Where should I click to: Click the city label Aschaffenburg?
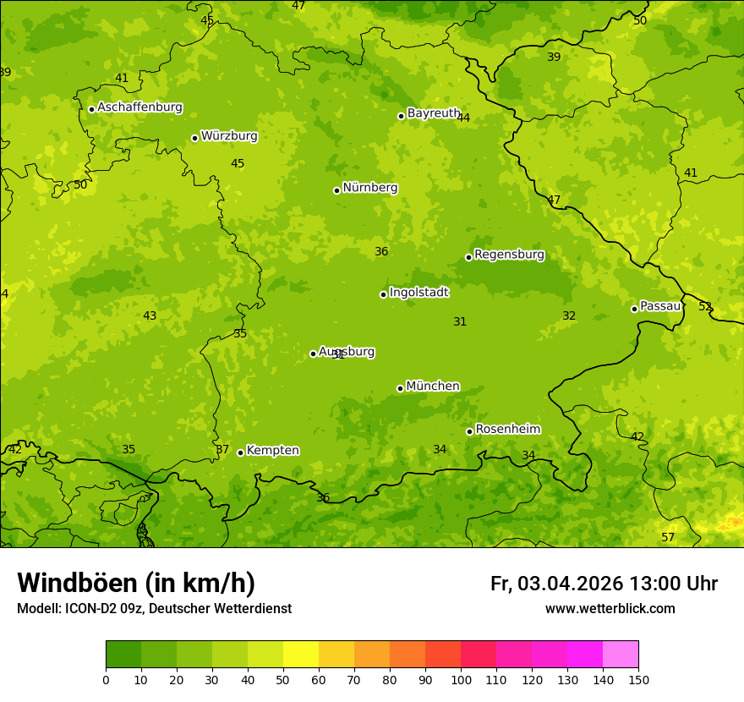point(139,107)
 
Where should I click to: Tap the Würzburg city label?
point(229,136)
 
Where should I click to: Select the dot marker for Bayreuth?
point(401,116)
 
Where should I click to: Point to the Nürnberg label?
point(369,188)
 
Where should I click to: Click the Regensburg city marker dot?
point(468,257)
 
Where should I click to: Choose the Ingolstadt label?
point(418,293)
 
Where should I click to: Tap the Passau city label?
point(660,306)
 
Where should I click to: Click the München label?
point(433,387)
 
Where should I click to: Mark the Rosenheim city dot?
point(469,431)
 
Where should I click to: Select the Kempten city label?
point(272,451)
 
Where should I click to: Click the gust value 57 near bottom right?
point(668,538)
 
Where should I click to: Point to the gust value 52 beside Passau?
point(705,307)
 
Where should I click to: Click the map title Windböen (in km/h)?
point(136,583)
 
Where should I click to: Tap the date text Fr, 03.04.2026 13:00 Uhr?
point(604,584)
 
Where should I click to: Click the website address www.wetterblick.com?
point(610,609)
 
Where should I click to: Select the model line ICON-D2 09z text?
point(154,609)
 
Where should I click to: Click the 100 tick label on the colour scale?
point(461,679)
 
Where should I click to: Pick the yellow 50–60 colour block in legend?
point(301,655)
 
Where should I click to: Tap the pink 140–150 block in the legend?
point(621,655)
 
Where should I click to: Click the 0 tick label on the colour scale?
point(106,679)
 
